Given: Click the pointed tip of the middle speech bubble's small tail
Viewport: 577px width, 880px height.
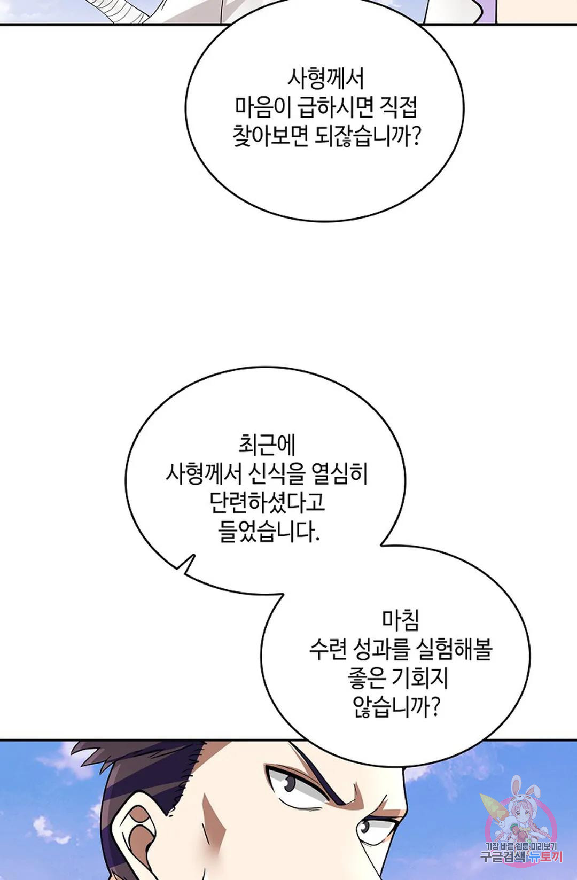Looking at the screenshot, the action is click(194, 555).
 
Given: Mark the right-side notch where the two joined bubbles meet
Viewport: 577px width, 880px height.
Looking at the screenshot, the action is click(380, 545).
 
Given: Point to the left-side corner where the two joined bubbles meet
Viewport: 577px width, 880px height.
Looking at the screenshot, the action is click(283, 594).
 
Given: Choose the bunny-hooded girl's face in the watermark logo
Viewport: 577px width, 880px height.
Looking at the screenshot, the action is click(523, 813).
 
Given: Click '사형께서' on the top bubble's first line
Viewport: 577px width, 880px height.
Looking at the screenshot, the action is click(325, 79).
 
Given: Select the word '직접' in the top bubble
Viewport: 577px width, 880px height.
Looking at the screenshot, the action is click(398, 107).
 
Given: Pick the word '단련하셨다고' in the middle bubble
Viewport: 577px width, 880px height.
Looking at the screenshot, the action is click(268, 502).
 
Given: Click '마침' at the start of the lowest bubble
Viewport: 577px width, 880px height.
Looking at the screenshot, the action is click(401, 621).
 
